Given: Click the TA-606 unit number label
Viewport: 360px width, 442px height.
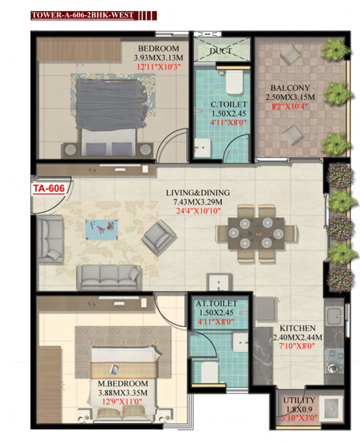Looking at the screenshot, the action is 49,188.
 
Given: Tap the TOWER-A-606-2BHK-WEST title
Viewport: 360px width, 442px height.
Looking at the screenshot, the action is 82,15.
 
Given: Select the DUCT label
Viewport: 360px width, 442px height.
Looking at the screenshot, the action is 221,51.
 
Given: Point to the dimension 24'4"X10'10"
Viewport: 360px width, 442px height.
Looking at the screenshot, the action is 198,211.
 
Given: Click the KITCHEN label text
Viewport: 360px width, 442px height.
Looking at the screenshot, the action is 297,328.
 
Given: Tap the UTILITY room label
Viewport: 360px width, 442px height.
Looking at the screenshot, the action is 299,400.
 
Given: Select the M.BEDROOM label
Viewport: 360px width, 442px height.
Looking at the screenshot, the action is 123,384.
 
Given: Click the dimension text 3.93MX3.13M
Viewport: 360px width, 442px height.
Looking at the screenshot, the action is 158,58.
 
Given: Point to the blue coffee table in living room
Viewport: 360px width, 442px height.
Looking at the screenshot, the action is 102,230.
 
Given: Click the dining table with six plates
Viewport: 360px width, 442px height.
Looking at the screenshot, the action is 256,233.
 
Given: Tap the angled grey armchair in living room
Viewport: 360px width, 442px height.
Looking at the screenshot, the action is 159,238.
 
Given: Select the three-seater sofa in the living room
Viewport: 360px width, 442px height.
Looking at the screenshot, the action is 110,278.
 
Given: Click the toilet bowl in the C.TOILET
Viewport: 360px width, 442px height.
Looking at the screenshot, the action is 234,82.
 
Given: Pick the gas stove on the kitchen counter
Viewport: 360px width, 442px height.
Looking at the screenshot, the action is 334,361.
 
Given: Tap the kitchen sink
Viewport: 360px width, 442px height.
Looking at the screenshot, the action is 334,315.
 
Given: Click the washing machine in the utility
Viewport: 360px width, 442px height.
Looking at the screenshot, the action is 332,408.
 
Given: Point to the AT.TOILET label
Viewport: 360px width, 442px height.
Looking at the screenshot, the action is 217,303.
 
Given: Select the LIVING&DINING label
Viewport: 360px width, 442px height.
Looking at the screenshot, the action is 198,193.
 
